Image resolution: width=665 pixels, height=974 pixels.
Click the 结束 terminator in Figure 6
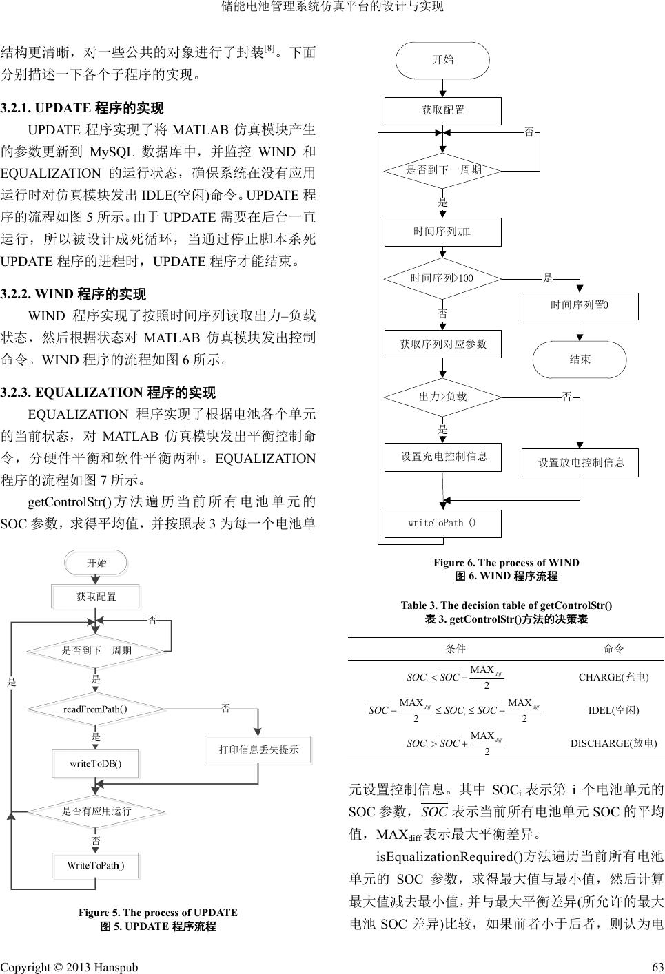point(580,360)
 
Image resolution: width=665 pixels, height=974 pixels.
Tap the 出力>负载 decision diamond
point(443,397)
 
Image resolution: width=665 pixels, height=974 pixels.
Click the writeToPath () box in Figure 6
point(442,523)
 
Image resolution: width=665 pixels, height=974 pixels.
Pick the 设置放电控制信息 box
point(580,462)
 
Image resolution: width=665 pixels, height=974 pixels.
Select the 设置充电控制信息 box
point(443,456)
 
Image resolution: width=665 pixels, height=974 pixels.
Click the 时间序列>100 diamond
point(443,278)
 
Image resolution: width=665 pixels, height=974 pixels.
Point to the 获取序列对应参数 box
point(443,344)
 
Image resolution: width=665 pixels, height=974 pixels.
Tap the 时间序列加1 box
point(443,231)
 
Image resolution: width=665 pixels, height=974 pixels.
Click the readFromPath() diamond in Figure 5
point(96,708)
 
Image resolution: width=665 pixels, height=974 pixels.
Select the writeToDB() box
point(96,763)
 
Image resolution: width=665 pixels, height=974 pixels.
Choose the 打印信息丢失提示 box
point(258,749)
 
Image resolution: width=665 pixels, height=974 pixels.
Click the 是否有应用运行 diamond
point(96,811)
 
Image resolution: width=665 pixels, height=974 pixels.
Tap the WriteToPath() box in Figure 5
point(96,865)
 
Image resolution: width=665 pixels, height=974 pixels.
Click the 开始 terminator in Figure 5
point(96,563)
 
